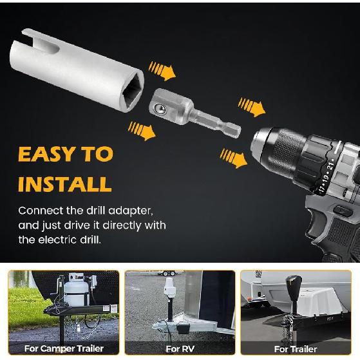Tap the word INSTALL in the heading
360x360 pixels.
(x=64, y=185)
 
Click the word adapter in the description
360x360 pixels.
(x=132, y=211)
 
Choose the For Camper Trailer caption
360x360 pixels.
(x=63, y=348)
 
